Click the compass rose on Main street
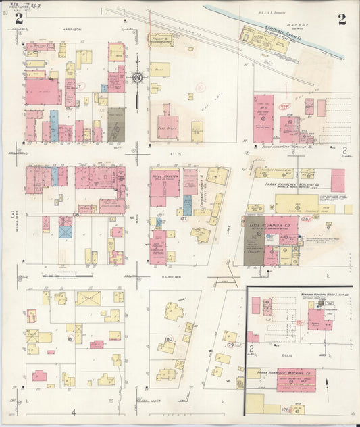[137, 78]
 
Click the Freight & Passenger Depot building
[160, 41]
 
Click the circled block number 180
[168, 339]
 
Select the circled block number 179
[230, 345]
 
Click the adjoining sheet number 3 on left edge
[11, 214]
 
